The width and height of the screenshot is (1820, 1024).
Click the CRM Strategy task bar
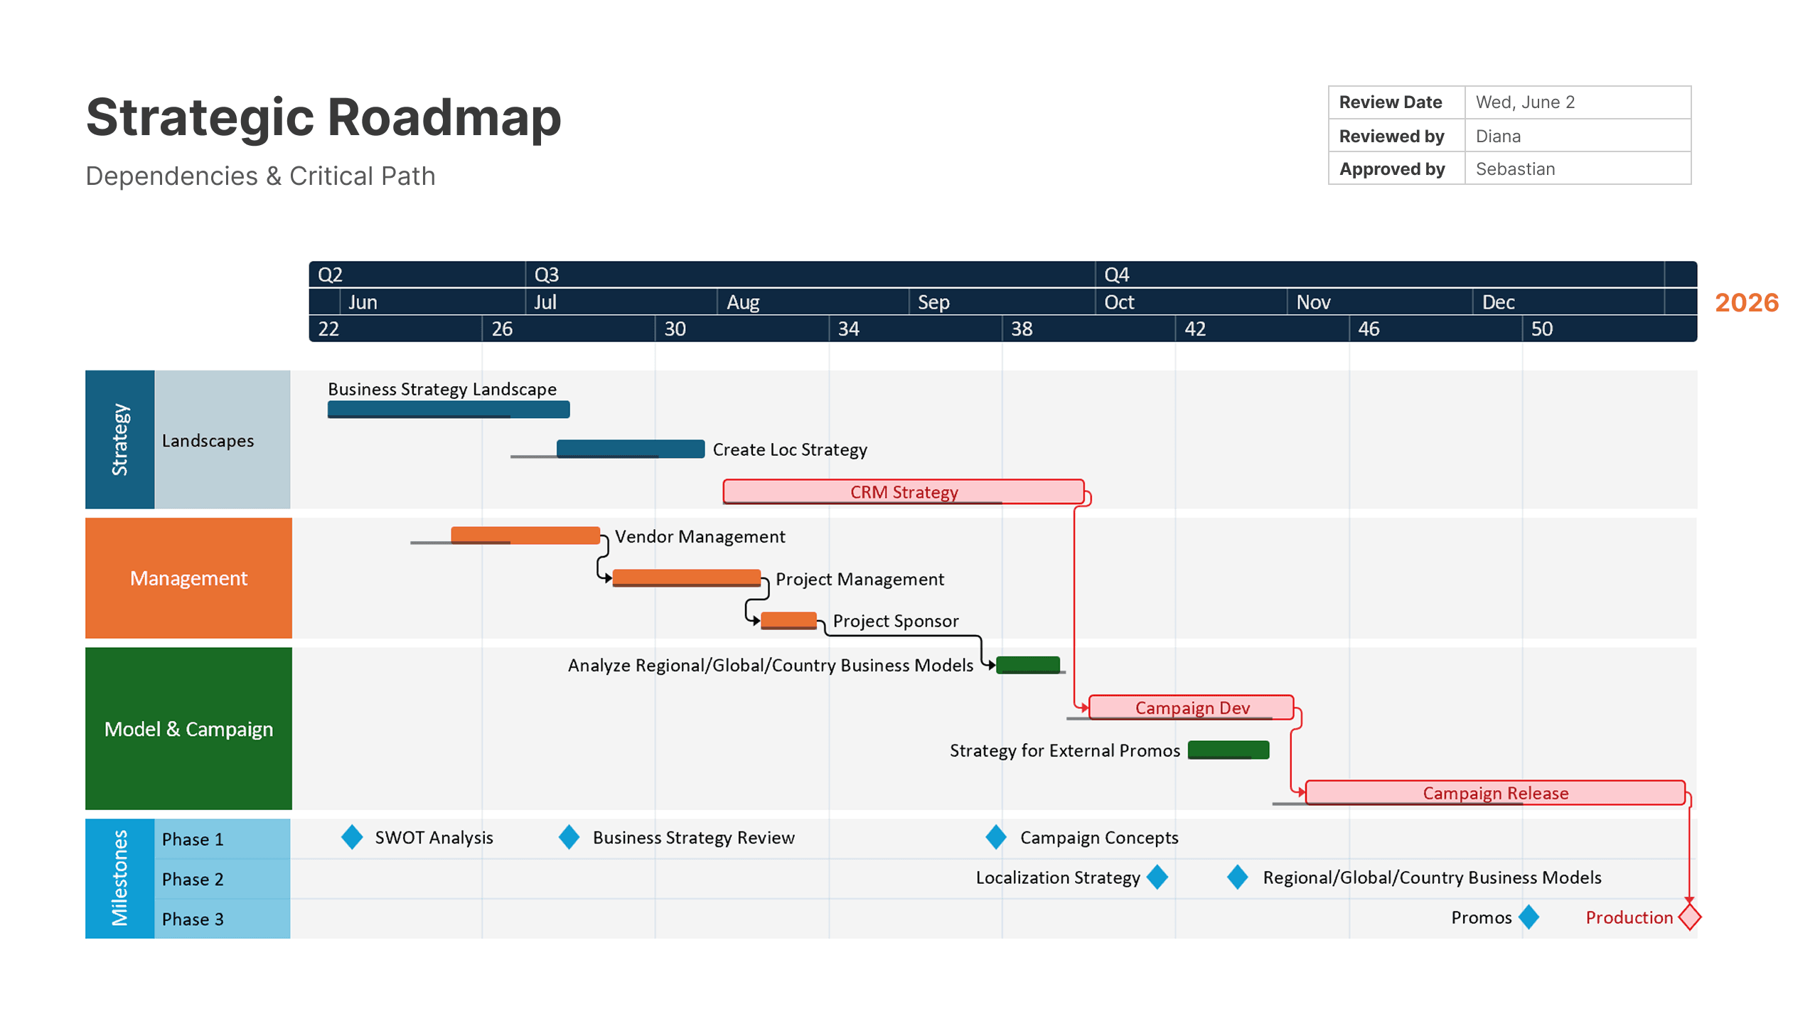903,491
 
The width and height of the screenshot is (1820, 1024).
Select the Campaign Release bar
1494,792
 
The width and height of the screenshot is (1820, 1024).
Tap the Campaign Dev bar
1191,707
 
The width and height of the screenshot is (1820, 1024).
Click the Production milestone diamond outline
1689,917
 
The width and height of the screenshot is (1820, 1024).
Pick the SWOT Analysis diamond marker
352,837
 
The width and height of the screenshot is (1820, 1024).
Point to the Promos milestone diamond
1529,917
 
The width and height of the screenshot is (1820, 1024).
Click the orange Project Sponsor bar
788,620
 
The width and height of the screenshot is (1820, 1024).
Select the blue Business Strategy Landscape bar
448,409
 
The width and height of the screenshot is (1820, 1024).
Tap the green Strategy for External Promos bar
1228,750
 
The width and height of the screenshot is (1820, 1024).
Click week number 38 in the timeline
1022,329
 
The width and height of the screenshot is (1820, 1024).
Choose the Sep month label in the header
933,302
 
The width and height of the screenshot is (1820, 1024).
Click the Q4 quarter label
1116,274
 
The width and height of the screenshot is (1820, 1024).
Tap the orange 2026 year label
1746,302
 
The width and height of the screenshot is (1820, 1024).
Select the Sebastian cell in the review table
1515,169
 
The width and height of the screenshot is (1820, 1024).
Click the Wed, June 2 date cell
1525,102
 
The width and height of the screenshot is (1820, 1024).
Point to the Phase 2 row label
193,879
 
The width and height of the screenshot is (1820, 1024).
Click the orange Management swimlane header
188,578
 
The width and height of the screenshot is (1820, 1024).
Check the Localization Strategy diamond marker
1157,877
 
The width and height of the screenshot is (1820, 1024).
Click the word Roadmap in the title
444,117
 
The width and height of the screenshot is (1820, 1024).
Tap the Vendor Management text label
700,536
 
